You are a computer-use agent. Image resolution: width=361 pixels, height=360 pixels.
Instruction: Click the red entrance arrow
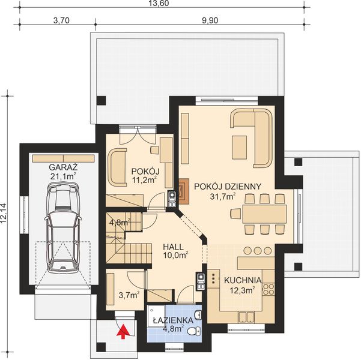[x=125, y=330]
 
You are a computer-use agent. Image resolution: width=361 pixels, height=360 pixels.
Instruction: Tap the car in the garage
[x=62, y=226]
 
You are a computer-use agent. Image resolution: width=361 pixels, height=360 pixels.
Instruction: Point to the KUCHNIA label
[x=243, y=280]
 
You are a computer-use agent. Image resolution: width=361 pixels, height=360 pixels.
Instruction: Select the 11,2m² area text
[x=144, y=179]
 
